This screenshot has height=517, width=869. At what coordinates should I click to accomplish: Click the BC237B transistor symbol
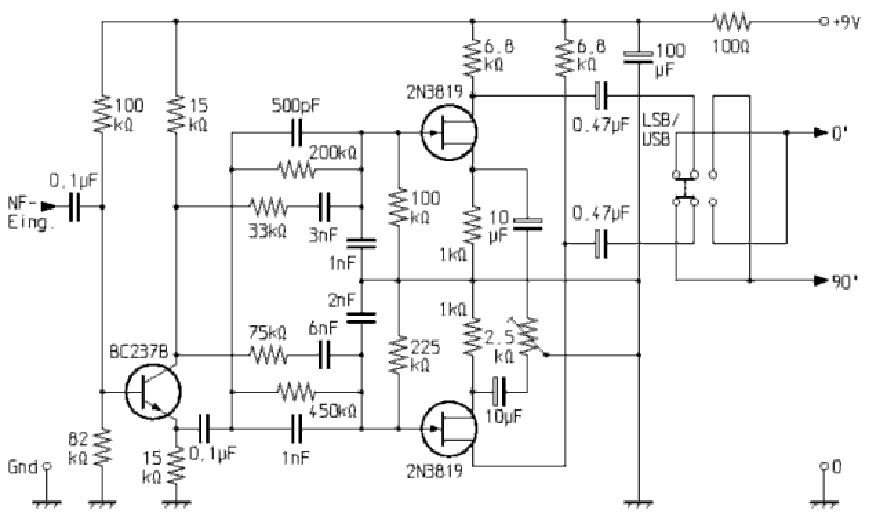(153, 392)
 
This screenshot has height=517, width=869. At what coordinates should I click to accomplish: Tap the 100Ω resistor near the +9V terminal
(732, 22)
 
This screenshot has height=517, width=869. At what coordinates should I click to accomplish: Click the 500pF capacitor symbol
(297, 132)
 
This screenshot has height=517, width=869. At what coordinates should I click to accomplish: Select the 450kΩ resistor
(297, 392)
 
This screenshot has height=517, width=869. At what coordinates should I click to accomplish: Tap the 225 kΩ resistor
(399, 354)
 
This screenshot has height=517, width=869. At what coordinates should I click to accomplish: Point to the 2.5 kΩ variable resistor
(528, 337)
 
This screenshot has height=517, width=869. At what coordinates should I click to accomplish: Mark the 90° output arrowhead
(820, 281)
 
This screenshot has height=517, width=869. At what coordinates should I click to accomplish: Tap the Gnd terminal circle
(47, 466)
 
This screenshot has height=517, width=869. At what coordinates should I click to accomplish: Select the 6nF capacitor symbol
(325, 355)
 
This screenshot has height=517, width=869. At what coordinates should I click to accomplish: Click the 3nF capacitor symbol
(325, 205)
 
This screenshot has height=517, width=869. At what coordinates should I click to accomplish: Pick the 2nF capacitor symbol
(361, 317)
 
